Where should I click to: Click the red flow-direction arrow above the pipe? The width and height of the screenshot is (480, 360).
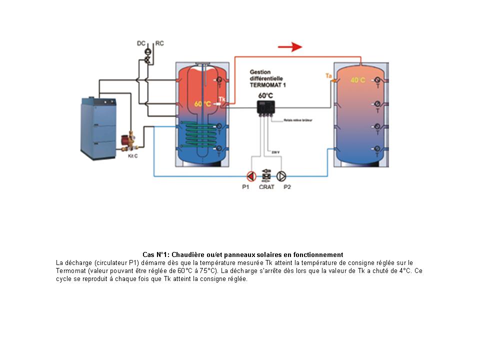[290, 47]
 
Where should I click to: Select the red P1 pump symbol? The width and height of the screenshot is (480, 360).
[251, 176]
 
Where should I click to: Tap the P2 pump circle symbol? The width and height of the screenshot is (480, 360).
[282, 176]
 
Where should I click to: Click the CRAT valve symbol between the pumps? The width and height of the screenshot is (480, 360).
[266, 175]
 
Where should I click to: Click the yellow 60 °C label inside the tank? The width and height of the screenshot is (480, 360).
[202, 104]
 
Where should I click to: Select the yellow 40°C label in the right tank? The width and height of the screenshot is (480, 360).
[357, 80]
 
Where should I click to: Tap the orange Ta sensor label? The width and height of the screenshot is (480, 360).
[328, 76]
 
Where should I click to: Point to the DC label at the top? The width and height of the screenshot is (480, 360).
[141, 43]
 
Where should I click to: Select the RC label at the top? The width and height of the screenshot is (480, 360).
[159, 43]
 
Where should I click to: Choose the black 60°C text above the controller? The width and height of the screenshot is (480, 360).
[265, 95]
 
